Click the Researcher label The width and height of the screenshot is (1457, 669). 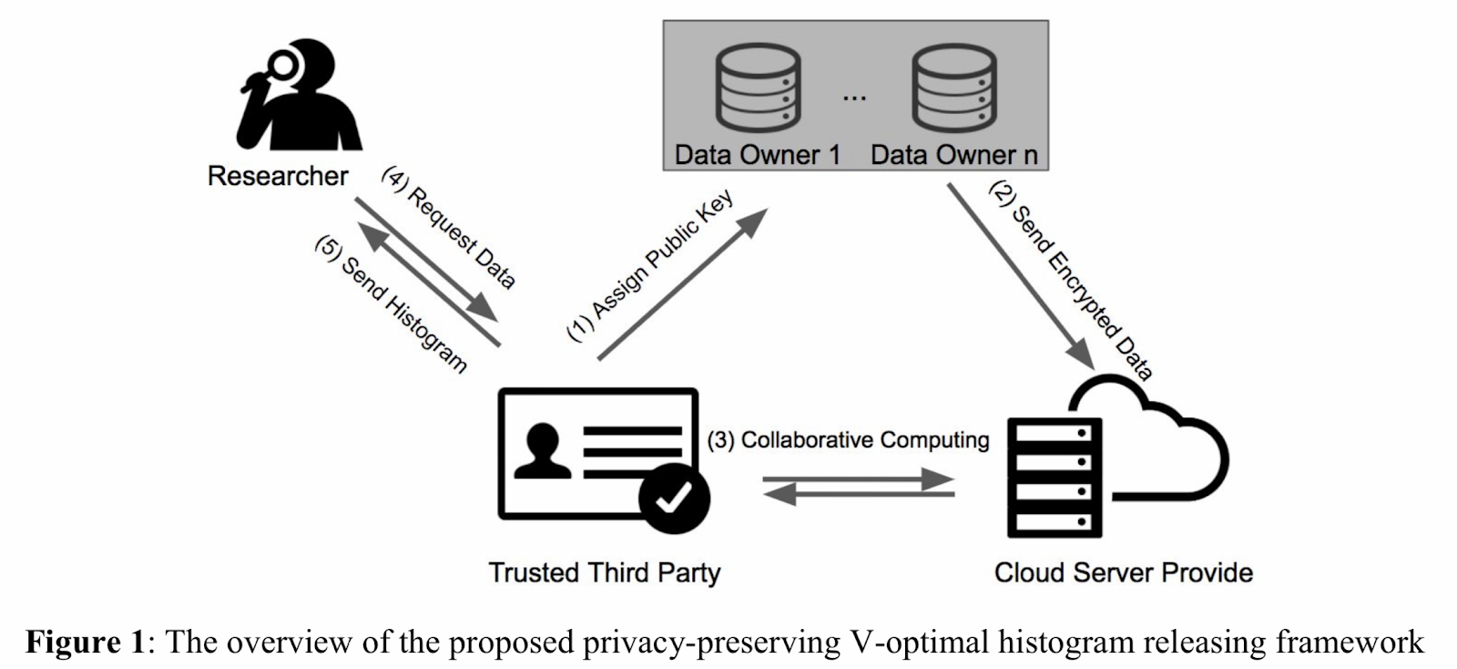[278, 176]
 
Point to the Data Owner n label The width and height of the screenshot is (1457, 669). [953, 155]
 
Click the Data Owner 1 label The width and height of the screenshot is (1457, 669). [757, 155]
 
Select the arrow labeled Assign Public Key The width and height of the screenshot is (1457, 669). [683, 284]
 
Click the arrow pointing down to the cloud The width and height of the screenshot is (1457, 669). [1020, 273]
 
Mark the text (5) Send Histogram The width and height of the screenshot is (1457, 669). [391, 304]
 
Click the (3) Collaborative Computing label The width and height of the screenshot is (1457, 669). [848, 440]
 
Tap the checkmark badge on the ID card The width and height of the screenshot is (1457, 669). [675, 497]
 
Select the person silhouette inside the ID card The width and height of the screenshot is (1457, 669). [542, 451]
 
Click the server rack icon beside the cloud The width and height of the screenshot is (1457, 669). [1055, 478]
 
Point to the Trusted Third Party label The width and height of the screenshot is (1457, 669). [604, 572]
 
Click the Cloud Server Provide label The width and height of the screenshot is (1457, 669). [1123, 572]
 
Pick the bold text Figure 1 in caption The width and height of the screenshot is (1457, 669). [85, 643]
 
